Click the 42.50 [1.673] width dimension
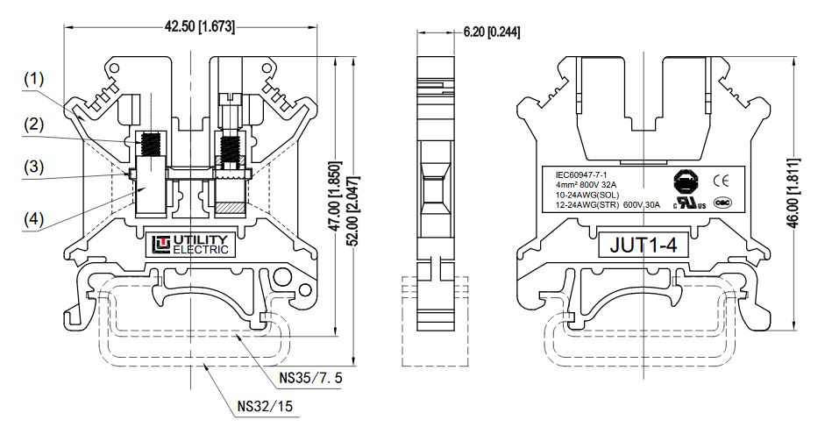click(x=199, y=26)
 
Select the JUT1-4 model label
click(x=644, y=246)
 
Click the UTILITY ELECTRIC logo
click(x=191, y=245)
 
